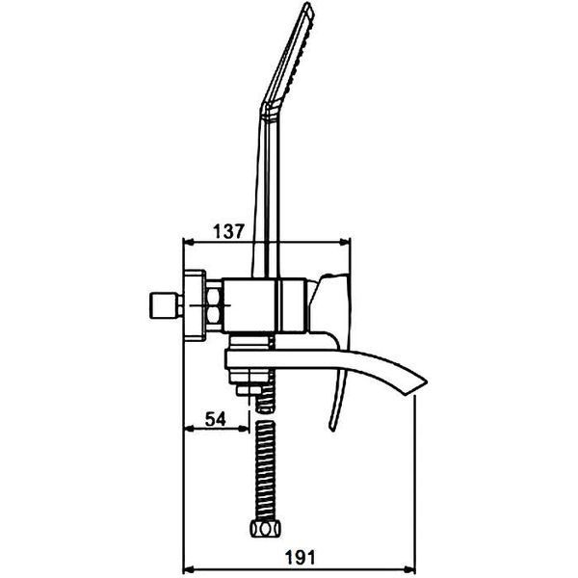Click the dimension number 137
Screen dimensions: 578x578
(228, 231)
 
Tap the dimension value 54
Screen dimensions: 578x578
(215, 419)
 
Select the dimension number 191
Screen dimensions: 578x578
(301, 558)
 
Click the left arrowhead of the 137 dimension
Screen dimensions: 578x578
(189, 242)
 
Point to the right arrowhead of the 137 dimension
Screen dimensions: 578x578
(345, 242)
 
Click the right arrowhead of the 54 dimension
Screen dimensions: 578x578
(244, 429)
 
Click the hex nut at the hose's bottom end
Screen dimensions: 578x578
(265, 529)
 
